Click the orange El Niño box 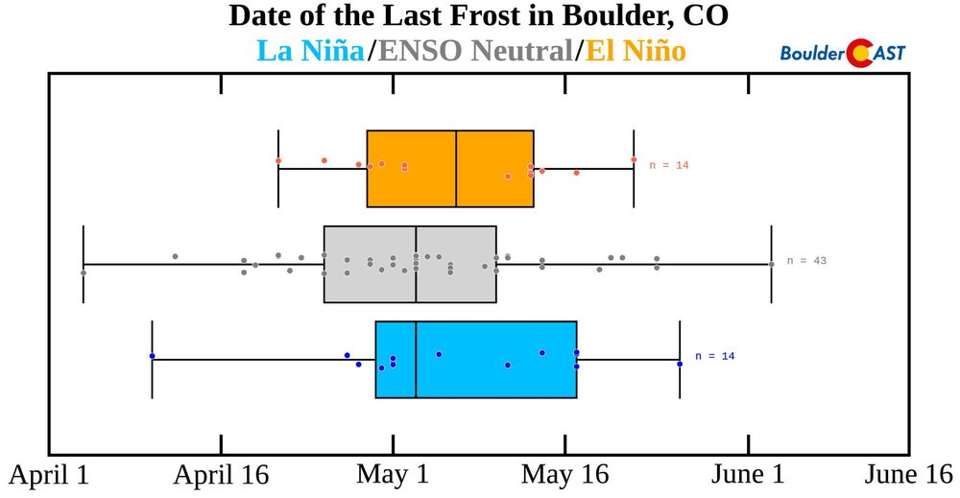click(450, 169)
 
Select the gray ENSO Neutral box click(410, 264)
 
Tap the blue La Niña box click(476, 360)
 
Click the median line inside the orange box click(456, 169)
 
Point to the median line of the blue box click(416, 360)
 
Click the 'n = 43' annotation click(806, 261)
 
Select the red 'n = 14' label click(669, 165)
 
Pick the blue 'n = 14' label click(714, 356)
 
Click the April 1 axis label click(49, 475)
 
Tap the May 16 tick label click(565, 475)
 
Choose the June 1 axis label click(748, 475)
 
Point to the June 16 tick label click(908, 475)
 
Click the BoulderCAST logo click(843, 53)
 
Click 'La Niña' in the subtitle click(310, 50)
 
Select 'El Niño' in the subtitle click(636, 50)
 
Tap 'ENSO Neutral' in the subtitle click(475, 50)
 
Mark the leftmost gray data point click(84, 273)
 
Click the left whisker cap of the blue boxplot click(152, 360)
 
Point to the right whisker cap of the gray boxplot click(772, 264)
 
